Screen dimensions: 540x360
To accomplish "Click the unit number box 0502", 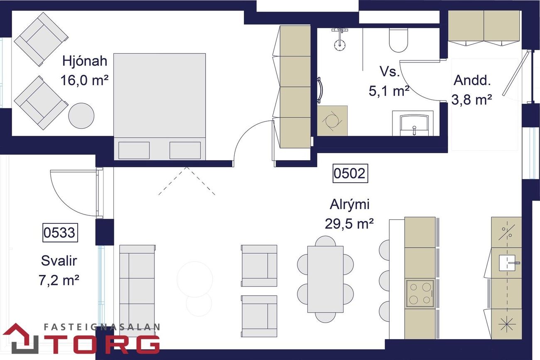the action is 351,173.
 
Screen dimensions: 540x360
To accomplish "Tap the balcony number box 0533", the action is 60,233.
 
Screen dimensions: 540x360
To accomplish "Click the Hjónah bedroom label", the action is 85,61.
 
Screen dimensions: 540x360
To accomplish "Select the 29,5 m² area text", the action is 349,223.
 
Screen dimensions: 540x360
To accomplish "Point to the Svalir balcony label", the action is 59,261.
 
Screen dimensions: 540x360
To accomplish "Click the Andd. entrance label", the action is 472,80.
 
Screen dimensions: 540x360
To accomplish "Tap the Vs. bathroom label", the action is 389,71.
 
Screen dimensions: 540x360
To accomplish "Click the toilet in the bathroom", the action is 398,40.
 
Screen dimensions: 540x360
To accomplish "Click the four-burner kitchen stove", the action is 420,293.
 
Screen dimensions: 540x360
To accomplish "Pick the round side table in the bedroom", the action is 81,116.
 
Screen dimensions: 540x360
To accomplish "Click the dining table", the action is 325,279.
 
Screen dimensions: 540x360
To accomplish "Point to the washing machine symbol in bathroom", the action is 332,120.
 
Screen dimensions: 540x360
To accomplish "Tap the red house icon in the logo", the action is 20,338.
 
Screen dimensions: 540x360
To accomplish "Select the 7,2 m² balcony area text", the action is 59,280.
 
